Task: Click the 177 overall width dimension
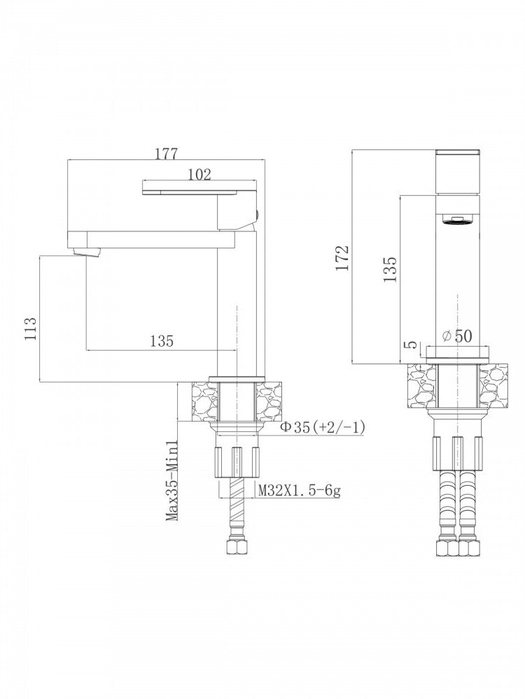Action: (166, 153)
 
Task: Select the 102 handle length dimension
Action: (199, 174)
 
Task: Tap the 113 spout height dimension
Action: (30, 329)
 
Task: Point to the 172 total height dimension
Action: (342, 257)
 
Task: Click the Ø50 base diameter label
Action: (456, 336)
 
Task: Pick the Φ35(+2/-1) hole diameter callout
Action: (323, 427)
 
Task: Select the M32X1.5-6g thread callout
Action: (300, 491)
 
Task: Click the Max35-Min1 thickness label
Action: (172, 481)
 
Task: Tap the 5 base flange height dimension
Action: (412, 345)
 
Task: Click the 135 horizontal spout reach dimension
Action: (161, 341)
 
